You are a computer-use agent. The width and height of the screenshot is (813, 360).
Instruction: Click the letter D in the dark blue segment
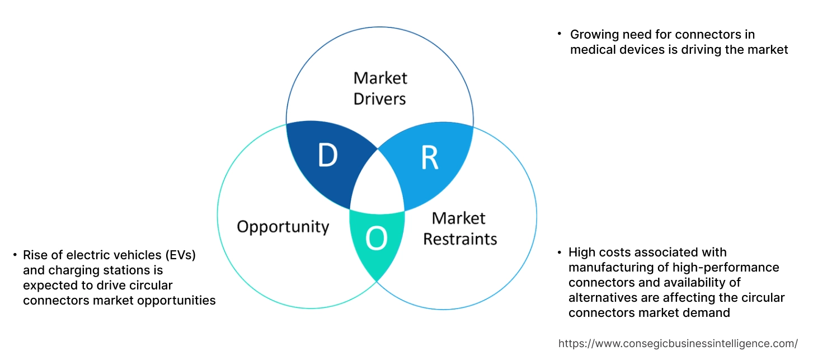click(x=328, y=156)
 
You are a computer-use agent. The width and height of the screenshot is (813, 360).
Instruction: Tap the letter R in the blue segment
click(x=429, y=158)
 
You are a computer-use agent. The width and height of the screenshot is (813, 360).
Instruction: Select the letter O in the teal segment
click(x=376, y=240)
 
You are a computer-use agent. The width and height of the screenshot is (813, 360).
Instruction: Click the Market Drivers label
click(x=380, y=88)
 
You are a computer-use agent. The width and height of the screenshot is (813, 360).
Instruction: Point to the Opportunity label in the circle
click(x=283, y=227)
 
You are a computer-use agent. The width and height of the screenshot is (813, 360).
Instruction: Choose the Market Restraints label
click(x=459, y=228)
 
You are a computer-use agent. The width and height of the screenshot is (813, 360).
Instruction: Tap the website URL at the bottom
click(x=678, y=343)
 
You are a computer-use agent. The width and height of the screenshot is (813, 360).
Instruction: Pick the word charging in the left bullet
click(x=67, y=270)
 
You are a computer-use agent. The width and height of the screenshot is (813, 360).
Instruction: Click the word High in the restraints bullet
click(x=582, y=252)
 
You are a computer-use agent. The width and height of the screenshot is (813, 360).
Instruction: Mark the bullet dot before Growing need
click(x=558, y=34)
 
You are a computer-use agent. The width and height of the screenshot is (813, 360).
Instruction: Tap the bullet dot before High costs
click(x=558, y=252)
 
